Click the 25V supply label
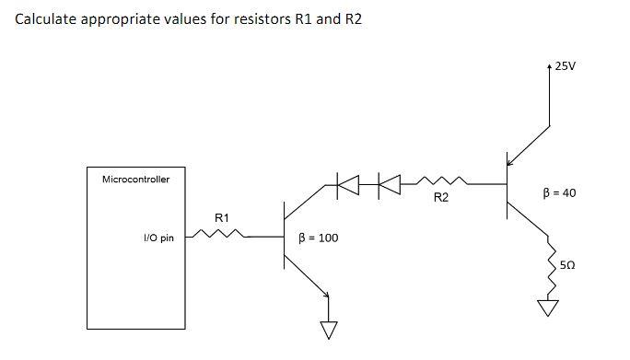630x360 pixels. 566,67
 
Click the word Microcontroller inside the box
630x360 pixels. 135,179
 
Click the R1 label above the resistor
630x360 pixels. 221,217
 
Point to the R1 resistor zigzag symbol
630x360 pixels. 219,238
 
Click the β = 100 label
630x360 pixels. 319,238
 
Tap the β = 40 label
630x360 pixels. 560,193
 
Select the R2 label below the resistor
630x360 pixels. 440,198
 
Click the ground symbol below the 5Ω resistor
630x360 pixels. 549,307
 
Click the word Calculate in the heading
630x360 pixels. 47,19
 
